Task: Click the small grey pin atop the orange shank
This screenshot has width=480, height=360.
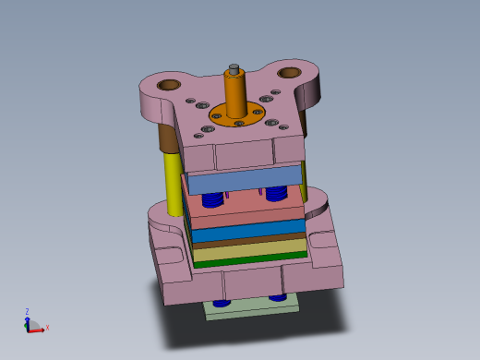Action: tap(234, 67)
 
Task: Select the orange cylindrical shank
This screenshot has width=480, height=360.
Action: tap(235, 92)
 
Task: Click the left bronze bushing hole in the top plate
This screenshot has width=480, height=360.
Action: tap(168, 85)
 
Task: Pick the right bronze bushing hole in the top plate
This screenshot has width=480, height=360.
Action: tap(289, 72)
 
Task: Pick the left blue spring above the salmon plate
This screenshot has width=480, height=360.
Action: tap(212, 198)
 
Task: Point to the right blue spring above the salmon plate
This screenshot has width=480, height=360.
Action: tap(274, 194)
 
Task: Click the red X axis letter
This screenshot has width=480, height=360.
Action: tap(47, 328)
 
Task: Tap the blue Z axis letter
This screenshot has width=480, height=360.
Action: tap(27, 311)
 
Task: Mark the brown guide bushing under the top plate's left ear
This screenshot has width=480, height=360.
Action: tap(168, 138)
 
